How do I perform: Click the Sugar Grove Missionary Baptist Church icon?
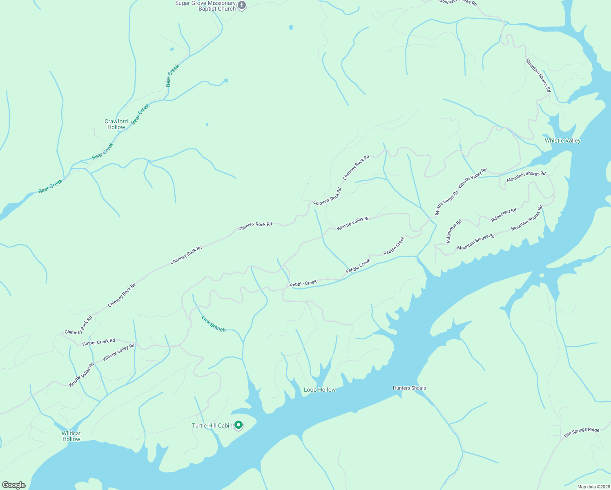coord(242,6)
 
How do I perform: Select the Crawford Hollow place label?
coord(116,124)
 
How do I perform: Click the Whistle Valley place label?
coord(562,140)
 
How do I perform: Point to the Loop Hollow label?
coord(319,390)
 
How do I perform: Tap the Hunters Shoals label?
coord(409,388)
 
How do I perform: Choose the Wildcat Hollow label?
coord(71,436)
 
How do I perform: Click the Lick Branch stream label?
coord(214,324)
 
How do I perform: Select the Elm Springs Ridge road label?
coord(582,433)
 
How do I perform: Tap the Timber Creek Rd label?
coord(98,342)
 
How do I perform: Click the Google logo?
coord(14,485)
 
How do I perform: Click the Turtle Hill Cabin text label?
coord(212,425)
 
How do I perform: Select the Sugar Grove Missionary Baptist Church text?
coord(205,6)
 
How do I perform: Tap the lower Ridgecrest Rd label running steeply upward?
coord(454,232)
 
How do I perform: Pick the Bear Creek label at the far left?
coord(50,186)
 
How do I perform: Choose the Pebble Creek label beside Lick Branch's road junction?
coord(303,283)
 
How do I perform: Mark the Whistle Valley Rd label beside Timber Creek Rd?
coord(118,352)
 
